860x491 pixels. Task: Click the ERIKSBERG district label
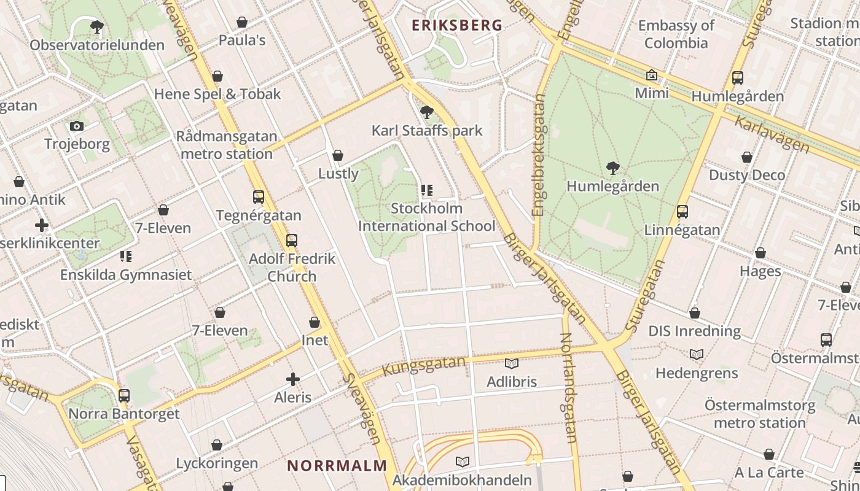(457, 25)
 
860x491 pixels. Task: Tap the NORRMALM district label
(337, 465)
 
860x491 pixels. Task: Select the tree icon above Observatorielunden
(96, 26)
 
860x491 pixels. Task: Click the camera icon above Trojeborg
(77, 126)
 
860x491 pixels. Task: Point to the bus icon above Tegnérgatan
(259, 197)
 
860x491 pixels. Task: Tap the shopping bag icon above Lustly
(337, 155)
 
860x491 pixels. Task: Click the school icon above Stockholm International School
(427, 190)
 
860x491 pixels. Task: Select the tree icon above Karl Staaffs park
(427, 112)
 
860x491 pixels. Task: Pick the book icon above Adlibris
(512, 363)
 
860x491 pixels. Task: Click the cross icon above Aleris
(293, 379)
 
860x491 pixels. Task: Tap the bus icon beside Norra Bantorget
(124, 396)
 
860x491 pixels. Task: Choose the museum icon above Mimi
(651, 75)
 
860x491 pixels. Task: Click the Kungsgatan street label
(424, 366)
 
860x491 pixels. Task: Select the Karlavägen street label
(772, 134)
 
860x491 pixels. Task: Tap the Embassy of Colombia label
(676, 34)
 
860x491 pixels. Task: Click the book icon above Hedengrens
(696, 354)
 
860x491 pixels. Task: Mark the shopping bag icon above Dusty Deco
(747, 158)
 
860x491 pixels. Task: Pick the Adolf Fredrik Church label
(292, 267)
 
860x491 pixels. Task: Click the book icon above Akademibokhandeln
(463, 462)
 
